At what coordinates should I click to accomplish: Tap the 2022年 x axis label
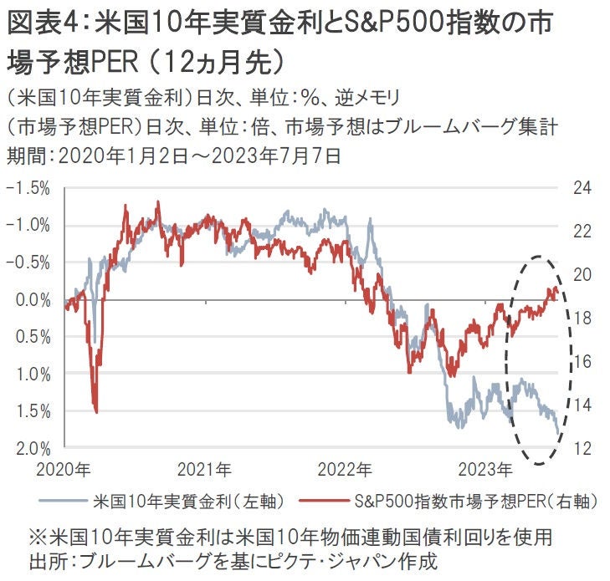346,467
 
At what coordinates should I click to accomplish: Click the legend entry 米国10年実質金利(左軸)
192,502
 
